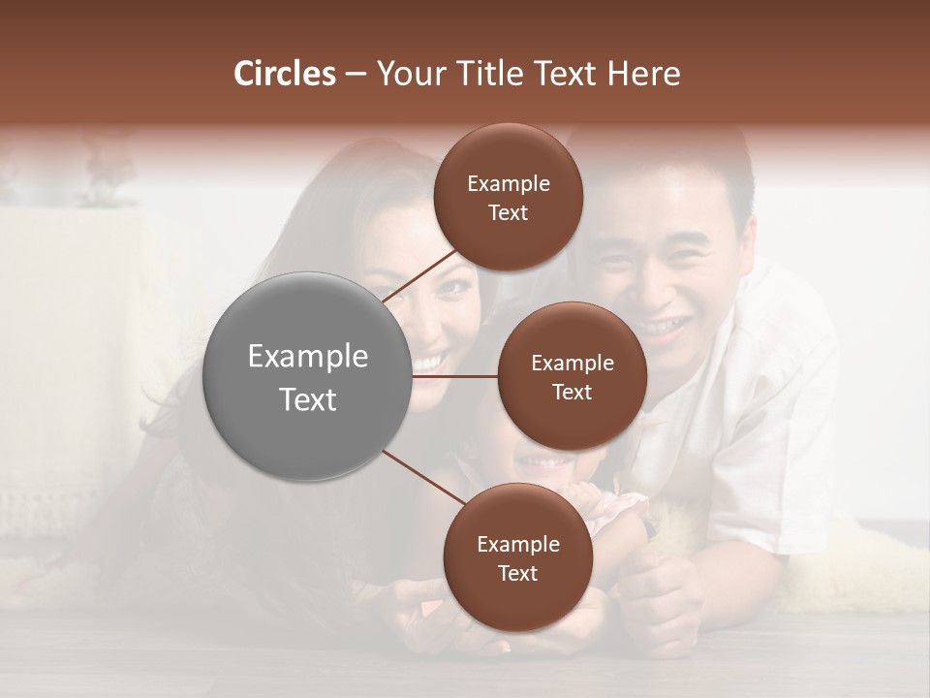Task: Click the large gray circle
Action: pyautogui.click(x=308, y=376)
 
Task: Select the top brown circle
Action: pyautogui.click(x=508, y=197)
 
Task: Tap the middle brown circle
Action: pyautogui.click(x=572, y=376)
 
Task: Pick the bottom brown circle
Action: pyautogui.click(x=517, y=557)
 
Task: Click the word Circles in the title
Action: pyautogui.click(x=285, y=74)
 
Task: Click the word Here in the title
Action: pyautogui.click(x=643, y=74)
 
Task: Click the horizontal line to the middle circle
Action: pyautogui.click(x=455, y=376)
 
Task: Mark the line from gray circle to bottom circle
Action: pyautogui.click(x=424, y=477)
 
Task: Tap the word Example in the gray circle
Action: pyautogui.click(x=308, y=357)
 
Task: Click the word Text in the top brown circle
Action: pyautogui.click(x=508, y=213)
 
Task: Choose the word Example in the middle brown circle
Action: pyautogui.click(x=572, y=364)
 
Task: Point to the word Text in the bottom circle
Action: pyautogui.click(x=517, y=574)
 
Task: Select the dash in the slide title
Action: pyautogui.click(x=356, y=75)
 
